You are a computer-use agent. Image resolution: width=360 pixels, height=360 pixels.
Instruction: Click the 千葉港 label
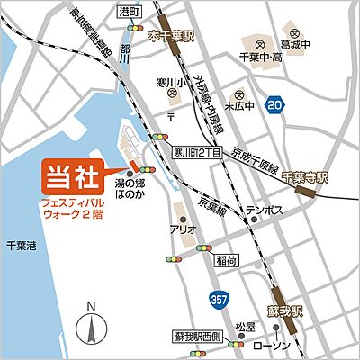(19, 242)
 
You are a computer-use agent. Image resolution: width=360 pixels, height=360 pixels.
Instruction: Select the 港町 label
(130, 12)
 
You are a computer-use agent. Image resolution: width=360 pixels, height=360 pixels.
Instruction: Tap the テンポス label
(266, 211)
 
